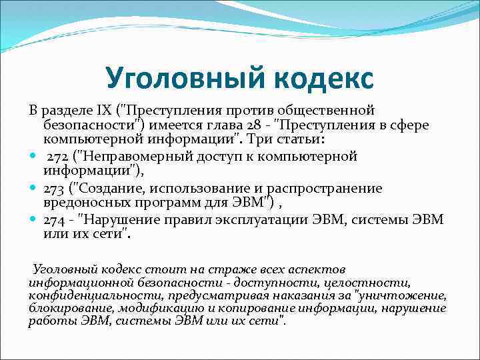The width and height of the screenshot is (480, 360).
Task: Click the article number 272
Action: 57,157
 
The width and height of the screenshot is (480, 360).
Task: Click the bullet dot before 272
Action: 33,157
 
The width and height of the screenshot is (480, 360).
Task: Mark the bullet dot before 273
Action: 33,189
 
